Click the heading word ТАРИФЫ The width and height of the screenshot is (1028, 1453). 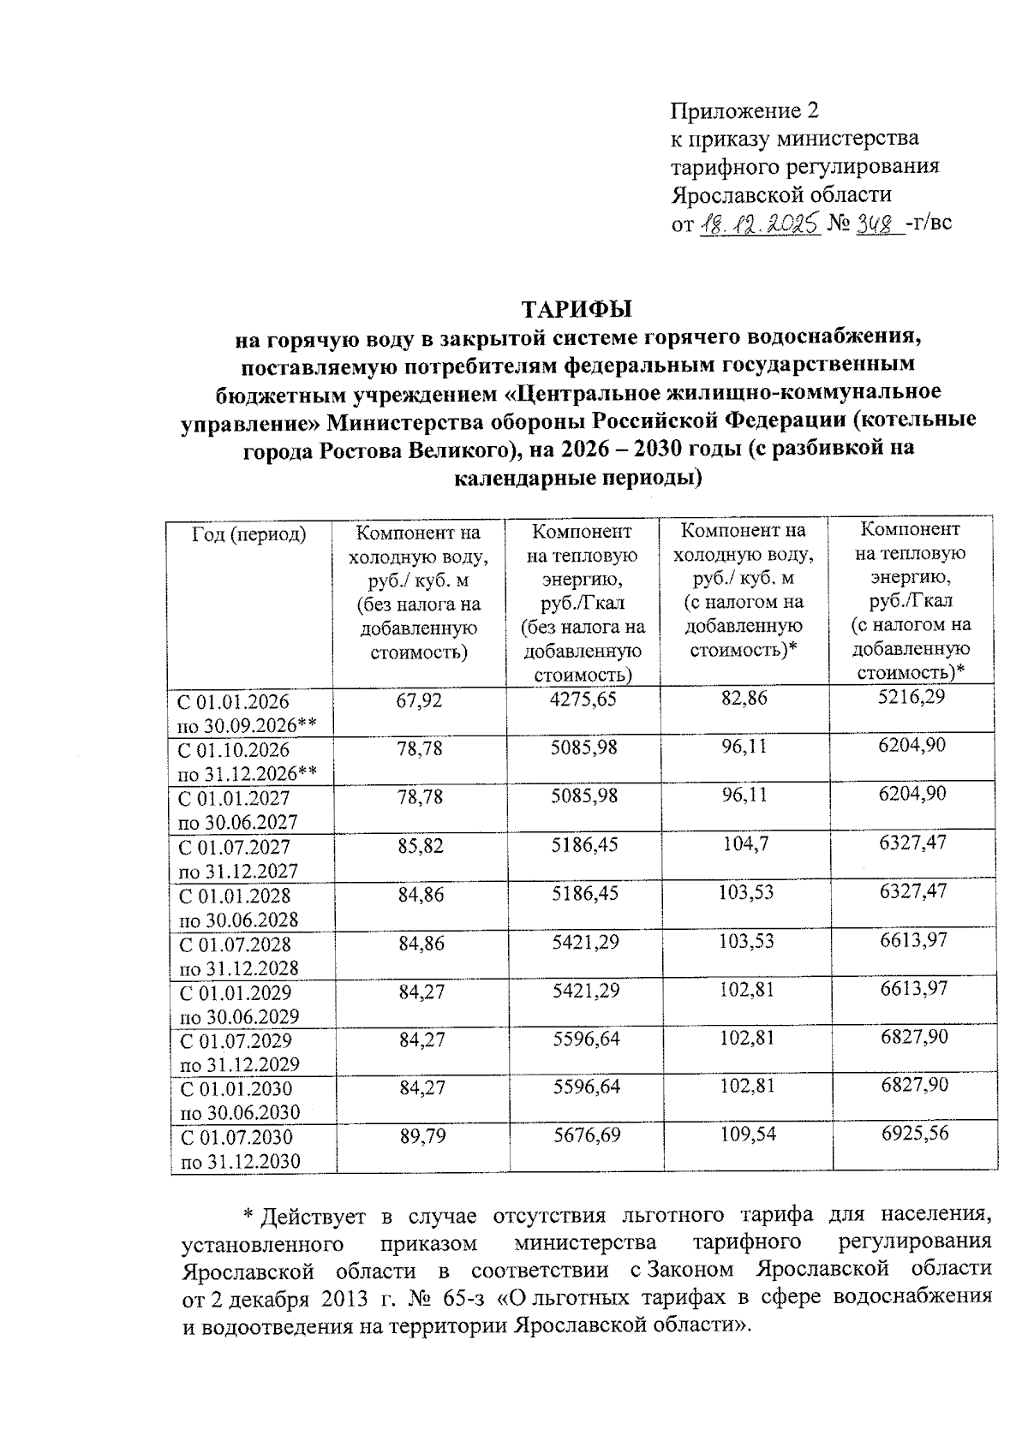[578, 308]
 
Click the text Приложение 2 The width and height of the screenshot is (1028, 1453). [744, 111]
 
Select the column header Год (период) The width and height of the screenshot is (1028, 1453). [249, 534]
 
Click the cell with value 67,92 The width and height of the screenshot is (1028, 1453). [419, 700]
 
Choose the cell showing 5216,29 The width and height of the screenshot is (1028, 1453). [911, 697]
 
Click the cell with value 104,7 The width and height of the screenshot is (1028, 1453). [744, 844]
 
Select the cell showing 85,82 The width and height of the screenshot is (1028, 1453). [420, 845]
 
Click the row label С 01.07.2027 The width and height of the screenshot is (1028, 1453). [234, 847]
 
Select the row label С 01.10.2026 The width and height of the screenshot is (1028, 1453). [233, 750]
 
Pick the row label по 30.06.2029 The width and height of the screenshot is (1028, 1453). [237, 1016]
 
